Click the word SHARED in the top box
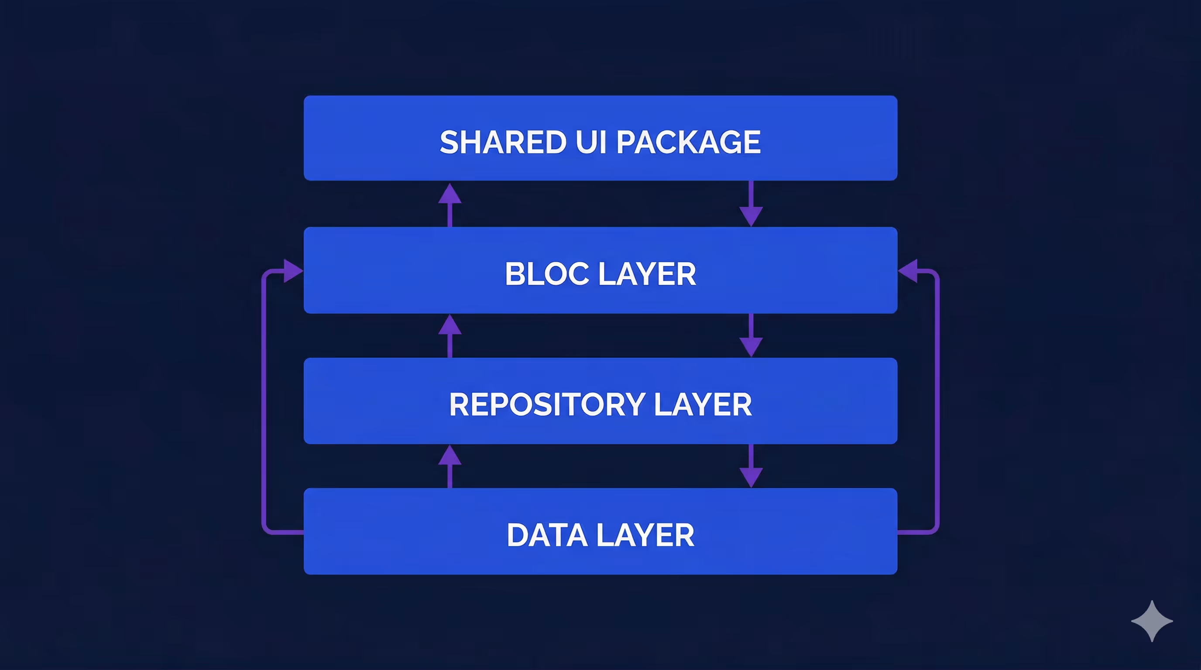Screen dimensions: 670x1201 click(x=503, y=142)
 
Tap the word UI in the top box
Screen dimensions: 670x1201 click(x=591, y=142)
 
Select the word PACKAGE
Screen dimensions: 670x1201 click(x=689, y=142)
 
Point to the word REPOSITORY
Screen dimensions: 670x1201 click(x=547, y=404)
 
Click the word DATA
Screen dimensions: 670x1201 click(x=546, y=535)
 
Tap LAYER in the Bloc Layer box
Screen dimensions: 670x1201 click(x=647, y=274)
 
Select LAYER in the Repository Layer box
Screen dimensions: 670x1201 click(x=703, y=404)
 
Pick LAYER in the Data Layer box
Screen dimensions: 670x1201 click(x=645, y=535)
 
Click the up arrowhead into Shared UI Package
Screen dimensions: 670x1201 click(x=450, y=194)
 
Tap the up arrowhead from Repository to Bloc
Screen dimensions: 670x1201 click(x=450, y=325)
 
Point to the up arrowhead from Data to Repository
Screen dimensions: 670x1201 click(x=450, y=456)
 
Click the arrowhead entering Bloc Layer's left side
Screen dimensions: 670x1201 click(x=292, y=271)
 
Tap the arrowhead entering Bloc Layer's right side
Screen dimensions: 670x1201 click(x=908, y=271)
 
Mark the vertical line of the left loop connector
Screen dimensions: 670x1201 click(x=264, y=401)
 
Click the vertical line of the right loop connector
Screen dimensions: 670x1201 click(x=937, y=401)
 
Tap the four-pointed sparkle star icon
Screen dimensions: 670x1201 click(x=1152, y=621)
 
